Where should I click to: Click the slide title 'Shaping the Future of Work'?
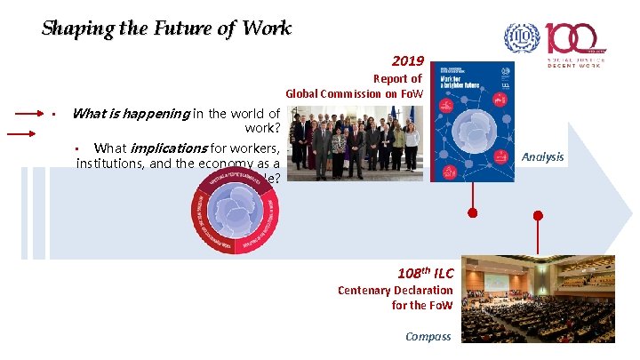pos(166,28)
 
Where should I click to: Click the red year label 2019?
pos(408,62)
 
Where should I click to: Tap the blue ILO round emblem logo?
pos(522,37)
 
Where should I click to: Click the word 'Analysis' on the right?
pos(542,157)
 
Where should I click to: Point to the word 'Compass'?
pos(428,336)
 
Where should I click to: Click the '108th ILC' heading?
pos(426,273)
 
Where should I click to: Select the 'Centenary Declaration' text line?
pos(396,290)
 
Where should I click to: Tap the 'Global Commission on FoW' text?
pos(354,93)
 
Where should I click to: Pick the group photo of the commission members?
pos(356,145)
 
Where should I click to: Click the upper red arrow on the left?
pos(33,113)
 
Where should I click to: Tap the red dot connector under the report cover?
pos(472,213)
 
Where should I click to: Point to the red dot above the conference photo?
pos(537,215)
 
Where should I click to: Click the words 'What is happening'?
pos(130,113)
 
